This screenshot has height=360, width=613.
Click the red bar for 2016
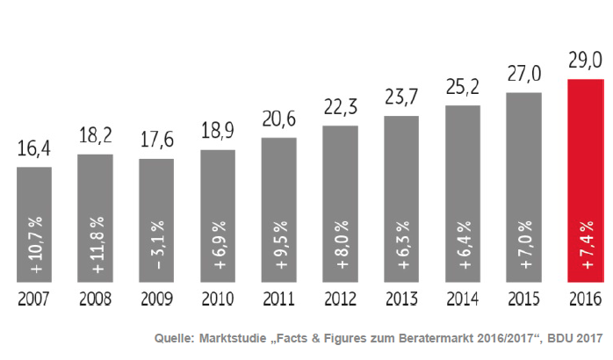tap(585, 180)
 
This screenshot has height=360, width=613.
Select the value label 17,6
tap(156, 140)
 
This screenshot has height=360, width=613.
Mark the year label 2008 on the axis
tap(95, 299)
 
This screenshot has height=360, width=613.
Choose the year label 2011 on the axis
tap(278, 299)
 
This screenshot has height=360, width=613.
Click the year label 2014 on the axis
tap(463, 299)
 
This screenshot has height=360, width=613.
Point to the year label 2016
tap(585, 299)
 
